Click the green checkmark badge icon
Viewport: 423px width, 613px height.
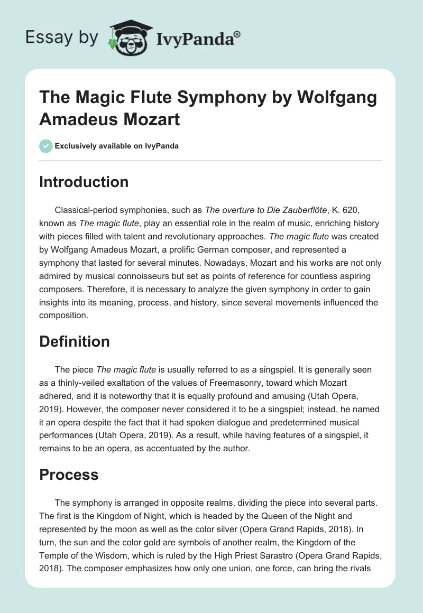45,146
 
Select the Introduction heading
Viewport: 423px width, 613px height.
84,182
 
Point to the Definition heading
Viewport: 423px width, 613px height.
75,341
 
